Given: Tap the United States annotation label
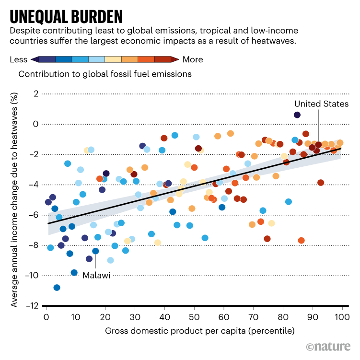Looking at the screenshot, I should tap(321, 104).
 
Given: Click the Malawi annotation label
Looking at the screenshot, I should tap(96, 275).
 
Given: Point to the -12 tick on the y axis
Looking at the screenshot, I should tap(35, 305).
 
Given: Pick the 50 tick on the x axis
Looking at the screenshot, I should tap(194, 317).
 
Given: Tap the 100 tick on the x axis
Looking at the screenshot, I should tap(342, 317).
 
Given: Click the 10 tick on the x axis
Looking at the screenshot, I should tap(76, 317).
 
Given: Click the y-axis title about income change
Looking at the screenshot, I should tap(15, 199).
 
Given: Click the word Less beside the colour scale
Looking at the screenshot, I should tap(18, 59).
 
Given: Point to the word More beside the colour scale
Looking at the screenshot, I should tap(192, 59).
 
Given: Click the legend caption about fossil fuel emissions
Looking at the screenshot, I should tap(105, 74).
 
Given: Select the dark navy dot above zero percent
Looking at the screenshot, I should tap(297, 115).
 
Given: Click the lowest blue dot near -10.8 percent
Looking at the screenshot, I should tap(57, 288).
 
